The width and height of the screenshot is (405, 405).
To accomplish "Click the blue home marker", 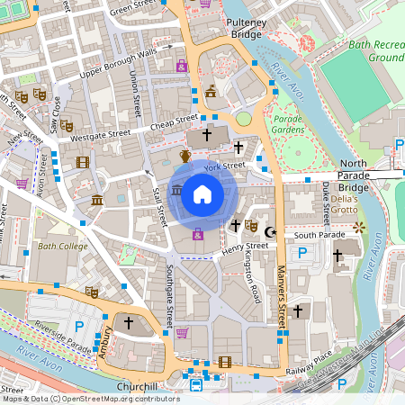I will (202, 194).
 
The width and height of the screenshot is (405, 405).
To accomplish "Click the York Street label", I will (224, 166).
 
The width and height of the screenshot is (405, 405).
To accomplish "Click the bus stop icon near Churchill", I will (196, 386).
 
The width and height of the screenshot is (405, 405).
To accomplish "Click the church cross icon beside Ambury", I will (129, 321).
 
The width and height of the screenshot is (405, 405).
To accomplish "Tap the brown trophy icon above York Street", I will (185, 157).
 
